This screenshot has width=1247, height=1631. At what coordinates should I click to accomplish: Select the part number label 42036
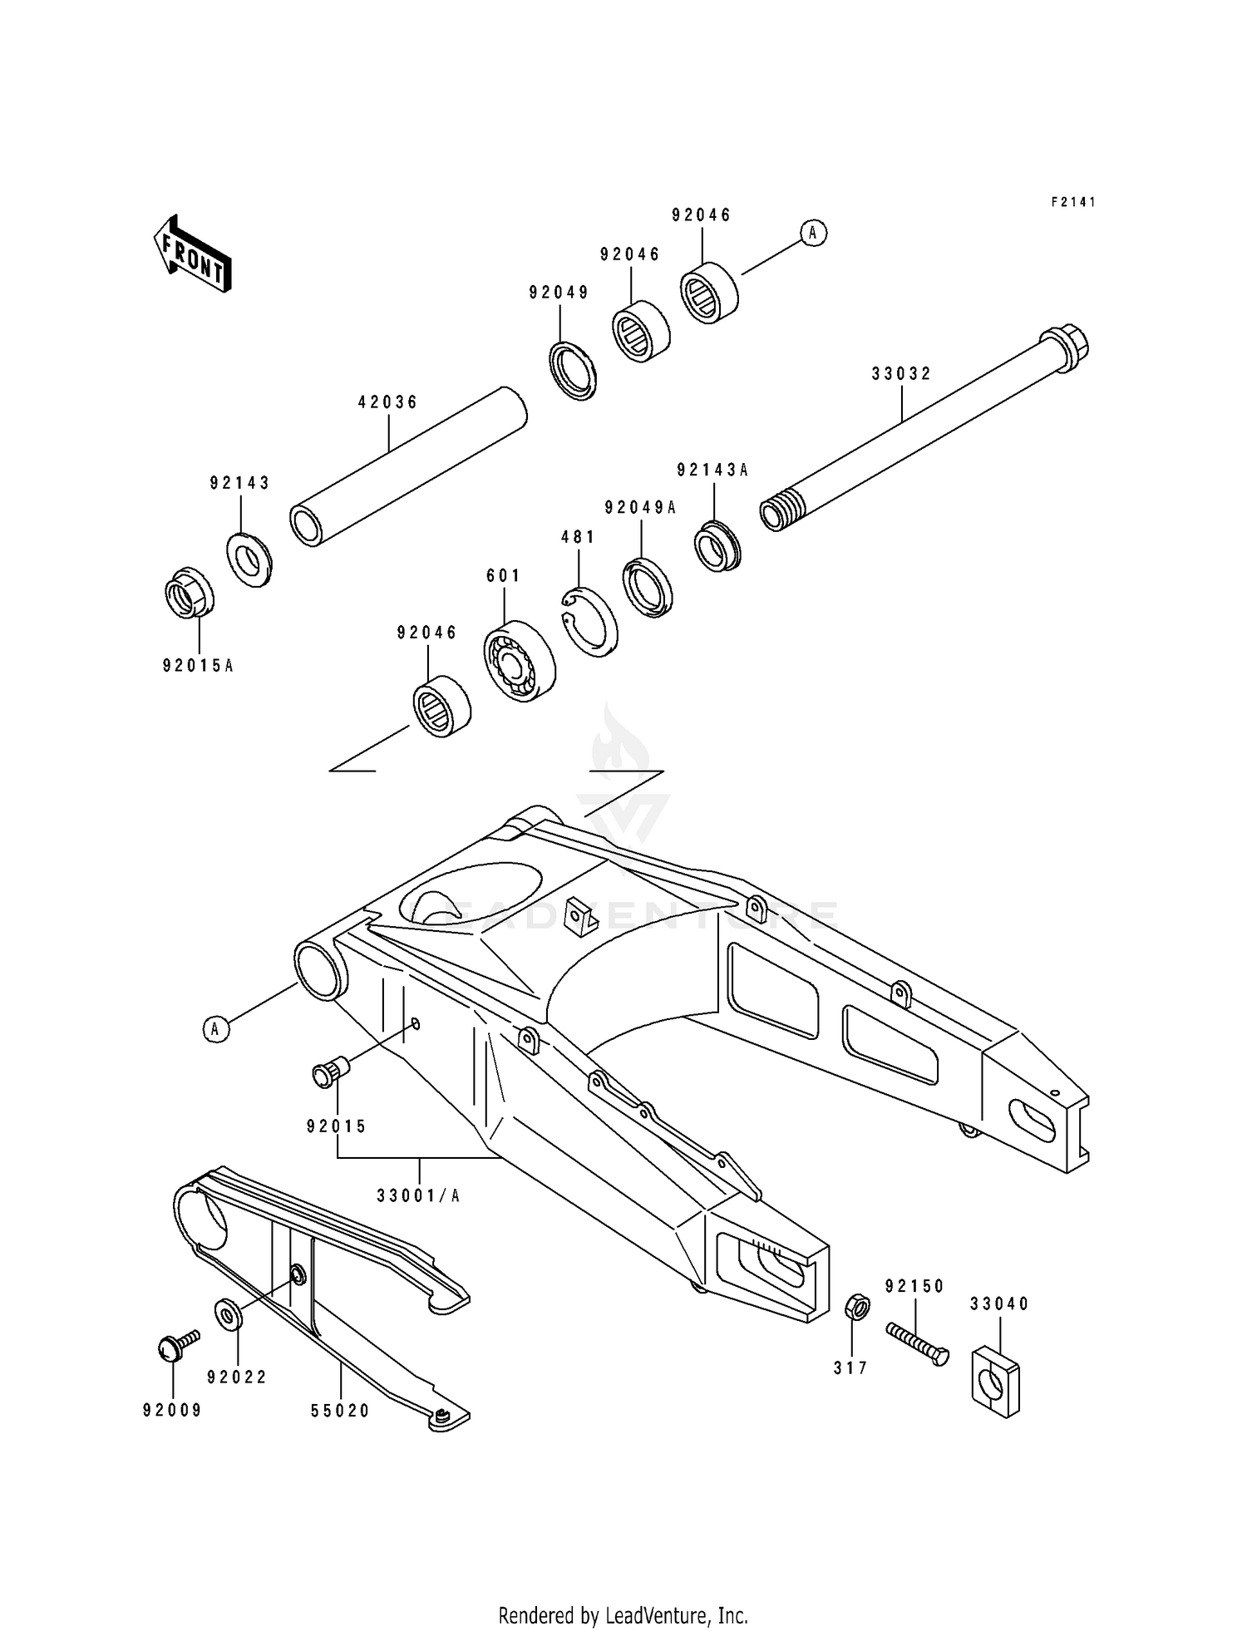387,402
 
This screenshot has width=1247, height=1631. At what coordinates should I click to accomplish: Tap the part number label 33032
901,374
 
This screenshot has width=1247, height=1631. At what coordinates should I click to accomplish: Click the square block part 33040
995,1381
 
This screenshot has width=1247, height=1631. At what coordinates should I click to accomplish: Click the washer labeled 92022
228,1313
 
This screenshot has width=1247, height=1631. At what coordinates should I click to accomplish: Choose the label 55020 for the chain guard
340,1412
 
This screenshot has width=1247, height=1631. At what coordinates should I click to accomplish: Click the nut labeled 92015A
189,593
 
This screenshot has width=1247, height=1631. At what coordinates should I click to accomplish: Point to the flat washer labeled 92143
249,559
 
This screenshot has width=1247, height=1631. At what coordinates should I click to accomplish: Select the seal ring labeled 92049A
648,587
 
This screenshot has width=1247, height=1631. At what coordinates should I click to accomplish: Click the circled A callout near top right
813,234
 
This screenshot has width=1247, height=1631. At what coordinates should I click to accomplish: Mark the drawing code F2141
1073,202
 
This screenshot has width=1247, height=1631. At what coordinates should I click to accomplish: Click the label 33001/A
418,1196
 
